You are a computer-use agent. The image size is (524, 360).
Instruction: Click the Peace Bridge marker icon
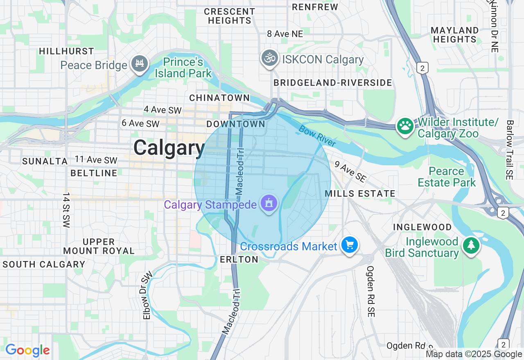[x=140, y=63]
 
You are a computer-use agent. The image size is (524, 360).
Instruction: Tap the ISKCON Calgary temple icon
[x=270, y=58]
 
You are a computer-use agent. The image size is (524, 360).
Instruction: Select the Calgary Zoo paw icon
[x=405, y=126]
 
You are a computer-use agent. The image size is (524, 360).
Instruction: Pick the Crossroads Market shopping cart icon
[x=350, y=245]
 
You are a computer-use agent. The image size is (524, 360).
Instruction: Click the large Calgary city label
[x=169, y=147]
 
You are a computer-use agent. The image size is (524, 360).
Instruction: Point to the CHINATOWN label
[x=219, y=98]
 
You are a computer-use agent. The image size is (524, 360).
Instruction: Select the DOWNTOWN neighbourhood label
[x=236, y=124]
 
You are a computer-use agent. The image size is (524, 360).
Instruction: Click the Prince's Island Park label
[x=183, y=68]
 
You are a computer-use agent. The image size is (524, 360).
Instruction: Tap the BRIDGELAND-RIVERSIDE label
[x=333, y=83]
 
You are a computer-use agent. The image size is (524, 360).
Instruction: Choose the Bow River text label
[x=317, y=136]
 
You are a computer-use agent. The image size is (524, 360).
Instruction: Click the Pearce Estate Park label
[x=447, y=177]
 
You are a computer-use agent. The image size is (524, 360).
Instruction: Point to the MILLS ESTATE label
[x=360, y=193]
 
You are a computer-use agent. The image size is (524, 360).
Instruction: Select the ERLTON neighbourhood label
[x=239, y=259]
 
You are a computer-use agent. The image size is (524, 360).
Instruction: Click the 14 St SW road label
[x=67, y=210]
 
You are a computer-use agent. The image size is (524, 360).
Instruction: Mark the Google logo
[x=27, y=351]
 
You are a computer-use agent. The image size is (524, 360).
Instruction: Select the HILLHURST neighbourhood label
[x=67, y=52]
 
